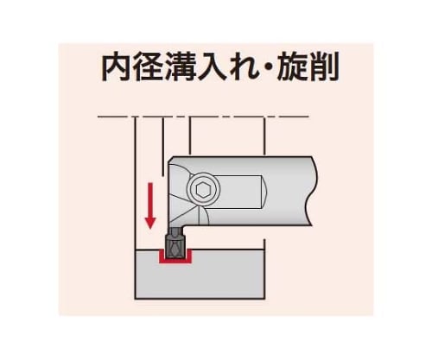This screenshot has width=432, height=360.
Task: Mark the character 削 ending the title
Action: (323, 66)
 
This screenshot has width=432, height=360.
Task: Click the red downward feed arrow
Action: (150, 205)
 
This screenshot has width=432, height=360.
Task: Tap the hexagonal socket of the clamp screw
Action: (203, 190)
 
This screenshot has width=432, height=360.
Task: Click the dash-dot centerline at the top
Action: (203, 117)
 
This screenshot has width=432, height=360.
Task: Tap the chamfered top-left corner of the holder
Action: (170, 160)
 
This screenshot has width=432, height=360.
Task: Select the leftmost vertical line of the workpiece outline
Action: (135, 208)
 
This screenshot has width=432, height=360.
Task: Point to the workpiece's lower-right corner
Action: (264, 299)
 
